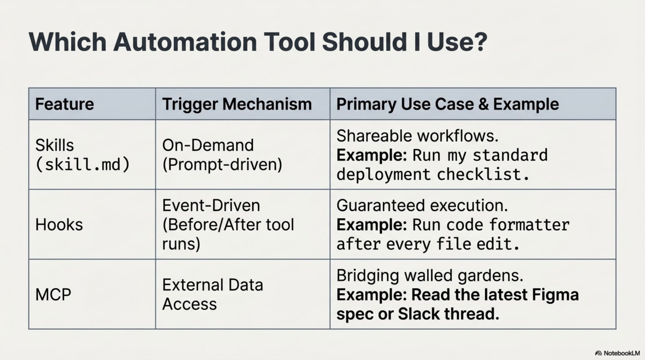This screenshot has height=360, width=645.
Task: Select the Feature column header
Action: coord(64,104)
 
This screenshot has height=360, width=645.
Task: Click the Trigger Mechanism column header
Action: coord(237,104)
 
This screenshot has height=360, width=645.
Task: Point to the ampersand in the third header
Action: coord(483,104)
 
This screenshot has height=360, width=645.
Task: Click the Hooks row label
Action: coord(59,225)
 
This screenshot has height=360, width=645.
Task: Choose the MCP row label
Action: coord(53,295)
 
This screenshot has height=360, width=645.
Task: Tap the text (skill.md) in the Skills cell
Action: coord(82,165)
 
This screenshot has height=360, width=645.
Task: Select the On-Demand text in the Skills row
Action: coord(208,145)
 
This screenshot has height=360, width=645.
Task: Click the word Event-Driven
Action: coord(211,205)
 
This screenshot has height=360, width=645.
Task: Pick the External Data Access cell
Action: coord(213,294)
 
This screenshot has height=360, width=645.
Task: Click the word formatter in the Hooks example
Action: coord(529,225)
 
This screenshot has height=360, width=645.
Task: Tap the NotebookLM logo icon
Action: coord(598,353)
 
